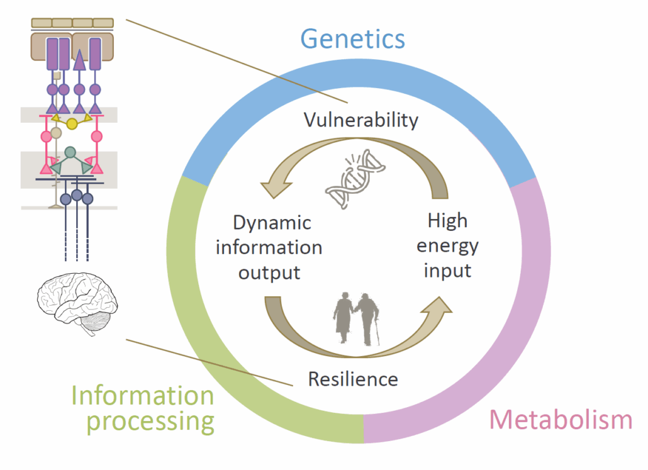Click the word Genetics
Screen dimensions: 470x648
click(x=352, y=38)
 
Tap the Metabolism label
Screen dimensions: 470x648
click(x=561, y=419)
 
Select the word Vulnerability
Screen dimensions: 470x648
click(x=361, y=120)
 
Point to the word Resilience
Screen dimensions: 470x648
click(x=353, y=379)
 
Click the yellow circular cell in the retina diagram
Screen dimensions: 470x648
click(x=72, y=123)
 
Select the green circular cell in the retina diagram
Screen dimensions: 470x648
click(x=70, y=152)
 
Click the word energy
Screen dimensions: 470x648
click(x=448, y=246)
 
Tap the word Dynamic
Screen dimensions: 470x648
click(x=272, y=223)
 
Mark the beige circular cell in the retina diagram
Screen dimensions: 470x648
click(x=57, y=133)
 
